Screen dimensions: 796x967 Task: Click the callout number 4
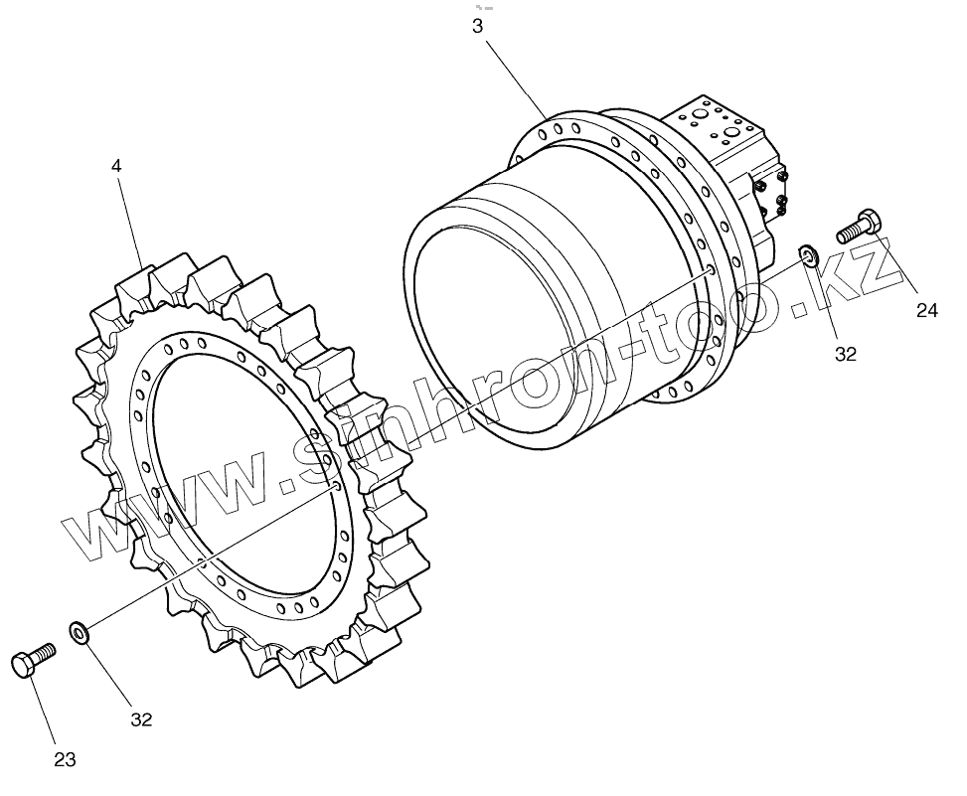117,166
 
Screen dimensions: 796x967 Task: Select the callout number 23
65,760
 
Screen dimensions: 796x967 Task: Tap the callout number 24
926,311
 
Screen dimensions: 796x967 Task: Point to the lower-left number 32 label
141,719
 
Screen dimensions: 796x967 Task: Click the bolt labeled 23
32,660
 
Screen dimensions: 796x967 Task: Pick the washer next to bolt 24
809,256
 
